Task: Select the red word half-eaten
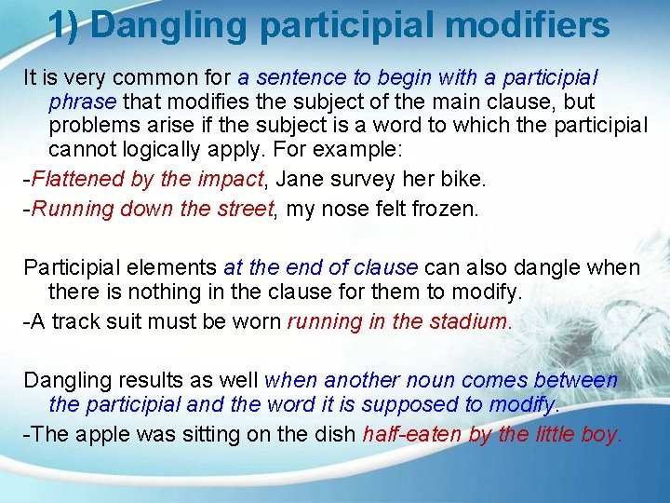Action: [x=407, y=434]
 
